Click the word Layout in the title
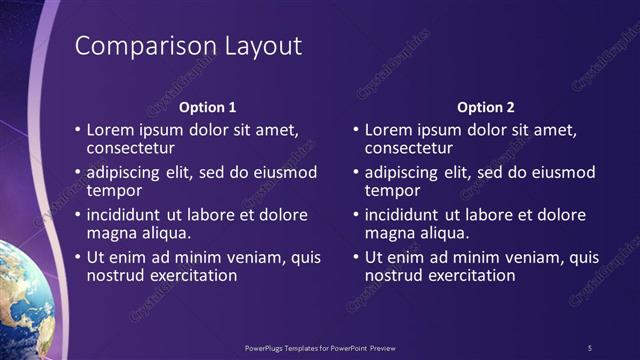click(254, 47)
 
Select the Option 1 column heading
click(207, 107)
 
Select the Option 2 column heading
click(485, 107)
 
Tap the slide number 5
click(590, 347)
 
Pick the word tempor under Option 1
click(113, 190)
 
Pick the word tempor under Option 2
click(391, 190)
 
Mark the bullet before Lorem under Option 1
click(78, 130)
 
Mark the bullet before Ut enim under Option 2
click(356, 257)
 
